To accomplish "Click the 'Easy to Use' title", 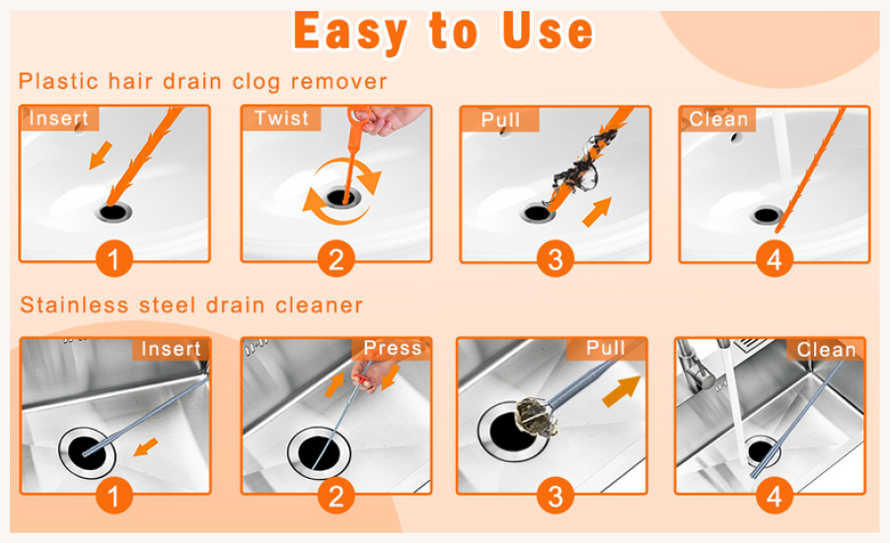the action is (x=443, y=32).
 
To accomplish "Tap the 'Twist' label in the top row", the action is (x=281, y=118).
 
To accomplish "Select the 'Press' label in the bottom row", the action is (x=393, y=348).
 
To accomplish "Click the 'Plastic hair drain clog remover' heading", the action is (x=202, y=82).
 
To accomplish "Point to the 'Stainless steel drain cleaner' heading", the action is (x=191, y=305).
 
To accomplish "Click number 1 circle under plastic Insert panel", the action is (x=114, y=258).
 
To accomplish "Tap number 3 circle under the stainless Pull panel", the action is (x=556, y=496).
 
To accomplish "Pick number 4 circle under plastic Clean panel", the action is (x=775, y=258).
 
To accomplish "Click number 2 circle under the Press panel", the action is (x=336, y=496).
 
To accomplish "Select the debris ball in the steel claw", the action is (x=534, y=417).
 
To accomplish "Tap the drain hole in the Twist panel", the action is (x=342, y=198).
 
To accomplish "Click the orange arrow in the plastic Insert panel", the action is (x=101, y=156).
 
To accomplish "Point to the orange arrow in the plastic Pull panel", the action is (x=597, y=212).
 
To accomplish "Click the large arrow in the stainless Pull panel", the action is (x=621, y=391).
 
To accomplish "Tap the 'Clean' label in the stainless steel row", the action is (x=826, y=350).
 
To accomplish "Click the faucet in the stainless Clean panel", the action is (x=697, y=364).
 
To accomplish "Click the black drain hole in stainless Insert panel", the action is (x=87, y=452).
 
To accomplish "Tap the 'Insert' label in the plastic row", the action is (x=58, y=118).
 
